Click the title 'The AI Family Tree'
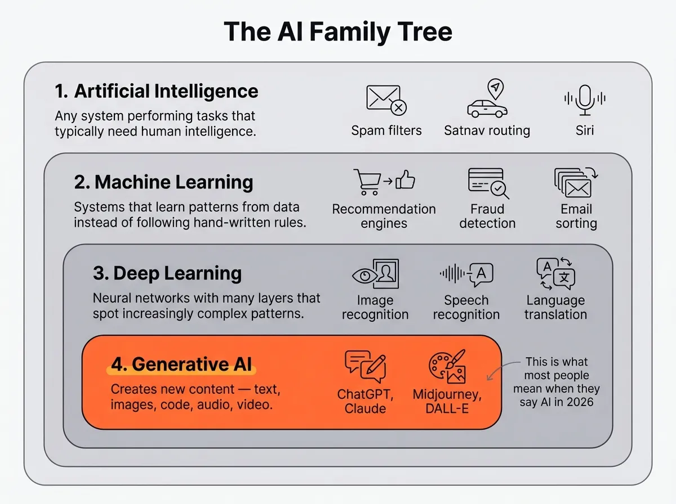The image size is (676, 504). click(338, 31)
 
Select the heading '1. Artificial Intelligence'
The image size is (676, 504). click(157, 91)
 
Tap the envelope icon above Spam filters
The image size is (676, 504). click(386, 100)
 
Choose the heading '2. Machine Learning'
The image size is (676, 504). click(164, 182)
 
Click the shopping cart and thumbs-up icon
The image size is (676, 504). click(384, 182)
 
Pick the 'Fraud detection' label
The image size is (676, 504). click(487, 216)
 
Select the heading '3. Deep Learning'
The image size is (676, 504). click(167, 273)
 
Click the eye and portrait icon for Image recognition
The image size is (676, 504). click(375, 274)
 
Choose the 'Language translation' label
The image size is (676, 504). click(555, 307)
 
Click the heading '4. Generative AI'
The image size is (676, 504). click(181, 364)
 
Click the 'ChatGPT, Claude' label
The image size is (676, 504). click(365, 400)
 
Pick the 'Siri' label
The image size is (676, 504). click(585, 131)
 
